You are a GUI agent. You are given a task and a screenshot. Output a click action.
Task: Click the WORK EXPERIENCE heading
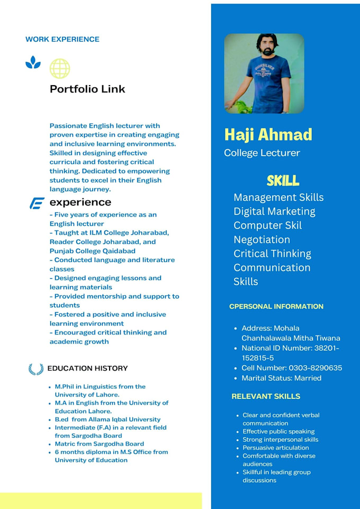coord(62,39)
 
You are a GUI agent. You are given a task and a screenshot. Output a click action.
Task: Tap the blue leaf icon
coord(33,63)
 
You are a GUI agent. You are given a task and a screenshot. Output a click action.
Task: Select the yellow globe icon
coord(59,68)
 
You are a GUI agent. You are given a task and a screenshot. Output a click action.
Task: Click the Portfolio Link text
coord(87,89)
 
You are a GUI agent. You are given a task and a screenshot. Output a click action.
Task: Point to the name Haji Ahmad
coord(268,134)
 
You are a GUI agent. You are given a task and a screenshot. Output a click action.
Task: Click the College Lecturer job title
coord(262,153)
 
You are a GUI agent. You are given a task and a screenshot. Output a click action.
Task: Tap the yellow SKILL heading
coord(283,180)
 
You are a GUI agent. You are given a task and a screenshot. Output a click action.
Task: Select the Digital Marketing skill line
coord(274,211)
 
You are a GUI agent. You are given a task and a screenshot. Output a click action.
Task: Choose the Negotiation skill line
coord(262,239)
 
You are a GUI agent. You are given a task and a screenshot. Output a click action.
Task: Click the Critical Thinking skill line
coord(272,253)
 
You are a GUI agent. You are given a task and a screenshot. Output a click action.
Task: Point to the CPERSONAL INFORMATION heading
coord(276,306)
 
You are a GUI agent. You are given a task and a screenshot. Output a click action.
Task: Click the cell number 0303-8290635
coord(292,368)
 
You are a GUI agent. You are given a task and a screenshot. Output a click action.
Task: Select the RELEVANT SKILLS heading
coord(266,396)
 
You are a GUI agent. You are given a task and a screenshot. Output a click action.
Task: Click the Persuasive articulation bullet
coord(275,448)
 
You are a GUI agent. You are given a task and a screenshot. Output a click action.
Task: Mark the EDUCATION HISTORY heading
coord(87,368)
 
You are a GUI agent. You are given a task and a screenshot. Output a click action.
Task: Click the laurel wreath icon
coord(35,369)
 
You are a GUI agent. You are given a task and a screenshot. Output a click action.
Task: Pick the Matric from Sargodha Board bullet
coord(99,444)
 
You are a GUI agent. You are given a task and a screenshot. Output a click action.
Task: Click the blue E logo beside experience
coord(37,203)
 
